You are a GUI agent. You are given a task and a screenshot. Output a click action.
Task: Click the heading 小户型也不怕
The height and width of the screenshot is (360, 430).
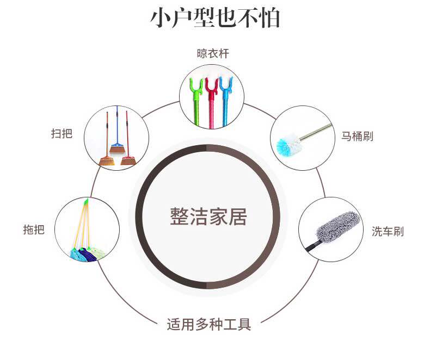click(x=215, y=17)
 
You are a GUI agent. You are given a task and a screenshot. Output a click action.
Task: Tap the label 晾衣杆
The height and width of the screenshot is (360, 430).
click(x=213, y=54)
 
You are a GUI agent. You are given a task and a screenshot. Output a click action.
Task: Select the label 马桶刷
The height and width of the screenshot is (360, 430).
click(x=357, y=136)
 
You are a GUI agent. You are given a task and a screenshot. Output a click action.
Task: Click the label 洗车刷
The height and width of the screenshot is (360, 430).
click(x=388, y=232)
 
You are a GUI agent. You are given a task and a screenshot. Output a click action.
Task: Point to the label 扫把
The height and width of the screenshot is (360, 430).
click(x=61, y=134)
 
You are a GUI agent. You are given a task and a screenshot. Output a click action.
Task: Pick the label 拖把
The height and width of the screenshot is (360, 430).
click(x=34, y=229)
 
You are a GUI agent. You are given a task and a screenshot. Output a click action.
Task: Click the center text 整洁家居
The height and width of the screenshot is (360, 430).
click(x=208, y=216)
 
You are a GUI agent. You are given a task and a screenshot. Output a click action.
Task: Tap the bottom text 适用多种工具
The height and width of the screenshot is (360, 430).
click(x=209, y=325)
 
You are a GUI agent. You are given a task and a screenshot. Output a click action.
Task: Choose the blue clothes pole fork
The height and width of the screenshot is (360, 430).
click(x=224, y=86)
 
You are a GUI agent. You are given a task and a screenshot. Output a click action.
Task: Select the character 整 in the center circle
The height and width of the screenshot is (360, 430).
click(x=179, y=216)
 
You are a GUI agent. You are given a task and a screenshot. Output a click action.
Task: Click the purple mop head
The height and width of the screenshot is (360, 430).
click(x=88, y=254)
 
